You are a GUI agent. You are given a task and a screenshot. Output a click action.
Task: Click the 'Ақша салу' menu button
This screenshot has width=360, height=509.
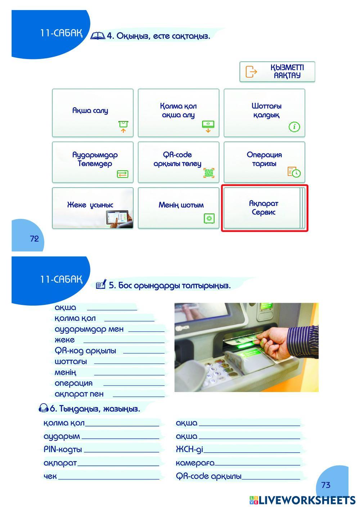93,113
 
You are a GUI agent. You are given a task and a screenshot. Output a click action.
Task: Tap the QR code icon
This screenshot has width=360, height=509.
209,173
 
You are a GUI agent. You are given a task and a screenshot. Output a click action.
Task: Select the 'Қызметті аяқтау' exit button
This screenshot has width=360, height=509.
277,72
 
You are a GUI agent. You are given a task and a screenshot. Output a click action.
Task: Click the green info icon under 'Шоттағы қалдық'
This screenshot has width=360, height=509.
294,127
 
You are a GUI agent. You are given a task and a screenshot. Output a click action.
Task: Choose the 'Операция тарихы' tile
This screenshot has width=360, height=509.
264,162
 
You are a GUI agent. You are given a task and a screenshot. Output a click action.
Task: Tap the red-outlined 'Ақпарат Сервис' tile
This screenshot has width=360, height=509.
265,208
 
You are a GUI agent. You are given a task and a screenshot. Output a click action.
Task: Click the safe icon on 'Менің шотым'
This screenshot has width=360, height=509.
209,219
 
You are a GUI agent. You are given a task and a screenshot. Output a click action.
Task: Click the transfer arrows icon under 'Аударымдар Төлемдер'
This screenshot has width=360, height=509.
122,174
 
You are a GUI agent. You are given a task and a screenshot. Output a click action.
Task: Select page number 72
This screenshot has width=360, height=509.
34,239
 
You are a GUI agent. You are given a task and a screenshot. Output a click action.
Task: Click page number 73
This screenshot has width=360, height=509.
326,485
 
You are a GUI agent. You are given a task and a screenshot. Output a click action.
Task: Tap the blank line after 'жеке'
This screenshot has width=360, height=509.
124,342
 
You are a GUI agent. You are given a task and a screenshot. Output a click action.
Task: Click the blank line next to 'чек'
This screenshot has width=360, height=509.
109,479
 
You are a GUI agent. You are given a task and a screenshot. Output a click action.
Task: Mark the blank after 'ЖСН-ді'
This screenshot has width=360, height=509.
252,452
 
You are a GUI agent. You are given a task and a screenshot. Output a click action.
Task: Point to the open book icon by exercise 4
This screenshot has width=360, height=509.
98,36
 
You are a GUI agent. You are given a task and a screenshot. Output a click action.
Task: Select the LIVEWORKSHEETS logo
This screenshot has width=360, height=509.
302,501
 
